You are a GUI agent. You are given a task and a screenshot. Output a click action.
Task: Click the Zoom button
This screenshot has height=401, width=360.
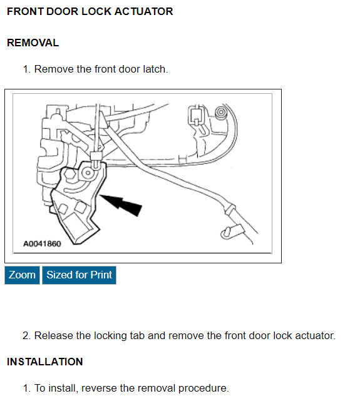[x=22, y=275]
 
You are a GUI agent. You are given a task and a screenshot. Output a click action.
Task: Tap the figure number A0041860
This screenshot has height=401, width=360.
[x=42, y=244]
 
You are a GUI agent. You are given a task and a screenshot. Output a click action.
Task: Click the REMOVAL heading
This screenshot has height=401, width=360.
[x=33, y=43]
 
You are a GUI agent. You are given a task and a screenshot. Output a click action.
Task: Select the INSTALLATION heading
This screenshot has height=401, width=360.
[x=44, y=362]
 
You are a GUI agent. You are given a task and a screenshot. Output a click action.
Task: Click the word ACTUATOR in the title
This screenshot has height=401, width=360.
[x=145, y=12]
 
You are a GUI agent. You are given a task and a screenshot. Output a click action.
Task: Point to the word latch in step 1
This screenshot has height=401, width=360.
[x=154, y=69]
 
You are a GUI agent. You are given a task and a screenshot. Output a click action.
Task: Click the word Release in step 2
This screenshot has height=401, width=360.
[x=53, y=336]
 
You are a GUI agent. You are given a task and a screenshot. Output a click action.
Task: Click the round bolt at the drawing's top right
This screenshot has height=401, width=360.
[x=220, y=113]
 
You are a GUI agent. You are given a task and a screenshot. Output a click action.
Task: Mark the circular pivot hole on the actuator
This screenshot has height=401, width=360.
[x=86, y=173]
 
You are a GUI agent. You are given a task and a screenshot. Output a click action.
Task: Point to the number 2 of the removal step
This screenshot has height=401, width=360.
[x=26, y=336]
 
